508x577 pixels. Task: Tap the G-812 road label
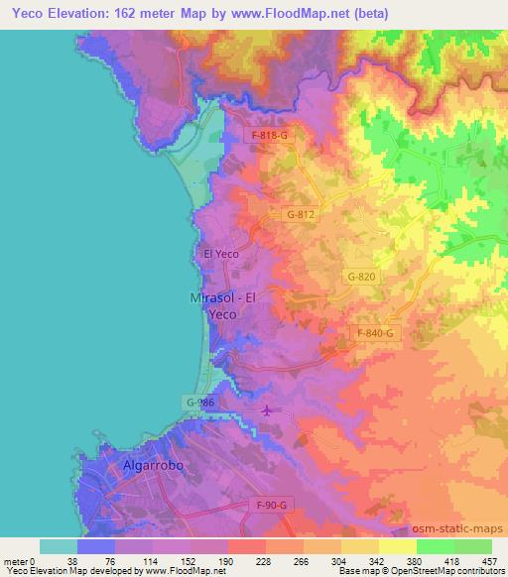(x=301, y=213)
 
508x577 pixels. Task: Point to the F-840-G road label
(x=374, y=334)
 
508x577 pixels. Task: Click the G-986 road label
(x=198, y=402)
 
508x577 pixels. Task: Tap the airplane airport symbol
(x=267, y=410)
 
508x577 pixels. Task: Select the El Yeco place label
(x=220, y=254)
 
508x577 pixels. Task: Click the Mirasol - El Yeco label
(x=223, y=304)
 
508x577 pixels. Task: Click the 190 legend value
(x=227, y=560)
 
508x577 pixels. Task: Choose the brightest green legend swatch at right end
(x=472, y=546)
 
